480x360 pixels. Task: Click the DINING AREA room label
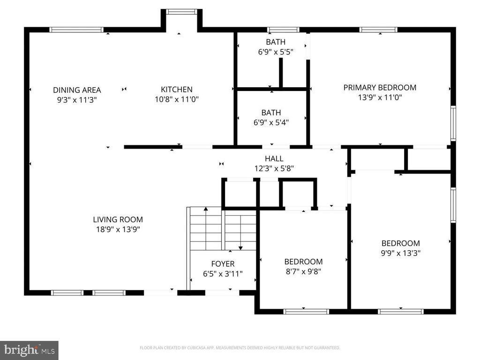(x=77, y=90)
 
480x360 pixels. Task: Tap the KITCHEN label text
(x=177, y=90)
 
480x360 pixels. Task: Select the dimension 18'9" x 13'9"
(x=118, y=229)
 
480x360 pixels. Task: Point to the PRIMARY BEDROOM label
(x=380, y=88)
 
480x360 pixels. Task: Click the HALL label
(x=274, y=158)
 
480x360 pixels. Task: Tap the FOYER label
(x=223, y=264)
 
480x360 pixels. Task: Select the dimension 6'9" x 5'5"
(x=276, y=52)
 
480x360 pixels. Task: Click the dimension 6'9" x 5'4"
(x=271, y=122)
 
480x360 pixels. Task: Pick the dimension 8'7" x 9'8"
(x=303, y=271)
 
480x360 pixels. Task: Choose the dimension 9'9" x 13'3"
(x=400, y=253)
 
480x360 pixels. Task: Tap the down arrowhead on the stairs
(x=240, y=248)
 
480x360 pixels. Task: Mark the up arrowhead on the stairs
(x=206, y=209)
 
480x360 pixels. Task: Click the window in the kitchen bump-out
(x=181, y=12)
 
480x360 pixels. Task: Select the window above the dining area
(x=76, y=30)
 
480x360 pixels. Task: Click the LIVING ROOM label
(x=118, y=219)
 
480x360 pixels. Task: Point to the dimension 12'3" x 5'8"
(x=274, y=168)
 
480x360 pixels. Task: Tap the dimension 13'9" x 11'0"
(x=380, y=97)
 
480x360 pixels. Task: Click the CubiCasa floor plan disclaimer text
(x=240, y=348)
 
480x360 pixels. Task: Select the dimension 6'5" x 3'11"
(x=223, y=274)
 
